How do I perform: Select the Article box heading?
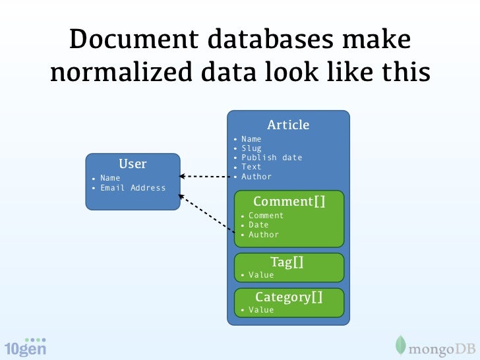click(288, 125)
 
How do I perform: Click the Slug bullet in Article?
click(251, 148)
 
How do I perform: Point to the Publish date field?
click(272, 158)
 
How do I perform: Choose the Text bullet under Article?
click(251, 167)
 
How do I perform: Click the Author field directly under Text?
click(256, 177)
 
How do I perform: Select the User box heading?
click(133, 164)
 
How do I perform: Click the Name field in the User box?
click(110, 178)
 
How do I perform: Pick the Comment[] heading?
click(289, 201)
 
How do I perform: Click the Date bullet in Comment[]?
click(258, 225)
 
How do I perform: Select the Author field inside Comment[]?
click(263, 235)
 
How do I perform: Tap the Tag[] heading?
click(287, 262)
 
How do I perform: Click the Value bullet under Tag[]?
click(260, 275)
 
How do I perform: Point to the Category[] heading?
click(289, 297)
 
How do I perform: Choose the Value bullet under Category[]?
click(260, 310)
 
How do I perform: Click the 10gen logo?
click(25, 347)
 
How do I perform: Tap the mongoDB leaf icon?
click(400, 345)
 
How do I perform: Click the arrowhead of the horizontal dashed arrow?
click(184, 177)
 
